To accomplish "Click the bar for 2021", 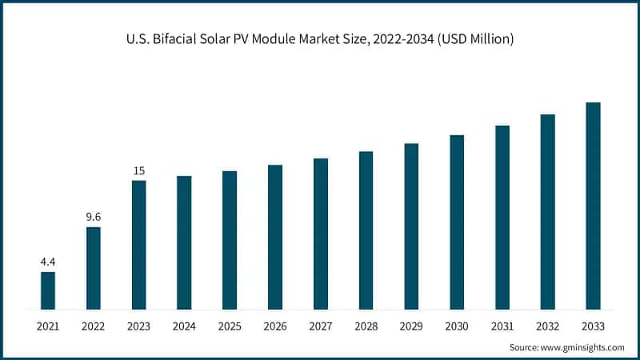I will pyautogui.click(x=48, y=290).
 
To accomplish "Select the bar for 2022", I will pyautogui.click(x=94, y=268).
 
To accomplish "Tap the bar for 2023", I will pyautogui.click(x=139, y=245).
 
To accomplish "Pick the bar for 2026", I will pyautogui.click(x=275, y=237).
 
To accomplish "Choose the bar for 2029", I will pyautogui.click(x=411, y=226).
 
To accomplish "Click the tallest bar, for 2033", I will pyautogui.click(x=593, y=206).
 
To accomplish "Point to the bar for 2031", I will pyautogui.click(x=502, y=217).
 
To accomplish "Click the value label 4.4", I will pyautogui.click(x=48, y=261).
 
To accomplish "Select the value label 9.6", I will pyautogui.click(x=94, y=216).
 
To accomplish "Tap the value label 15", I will pyautogui.click(x=139, y=170).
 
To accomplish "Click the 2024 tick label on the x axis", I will pyautogui.click(x=184, y=326).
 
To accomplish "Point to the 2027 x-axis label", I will pyautogui.click(x=320, y=326).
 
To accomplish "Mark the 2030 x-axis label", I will pyautogui.click(x=457, y=326).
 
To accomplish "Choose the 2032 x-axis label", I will pyautogui.click(x=547, y=326).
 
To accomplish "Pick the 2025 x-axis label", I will pyautogui.click(x=230, y=326).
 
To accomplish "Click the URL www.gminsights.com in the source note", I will pyautogui.click(x=582, y=347).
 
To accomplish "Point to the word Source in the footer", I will pyautogui.click(x=524, y=347).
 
